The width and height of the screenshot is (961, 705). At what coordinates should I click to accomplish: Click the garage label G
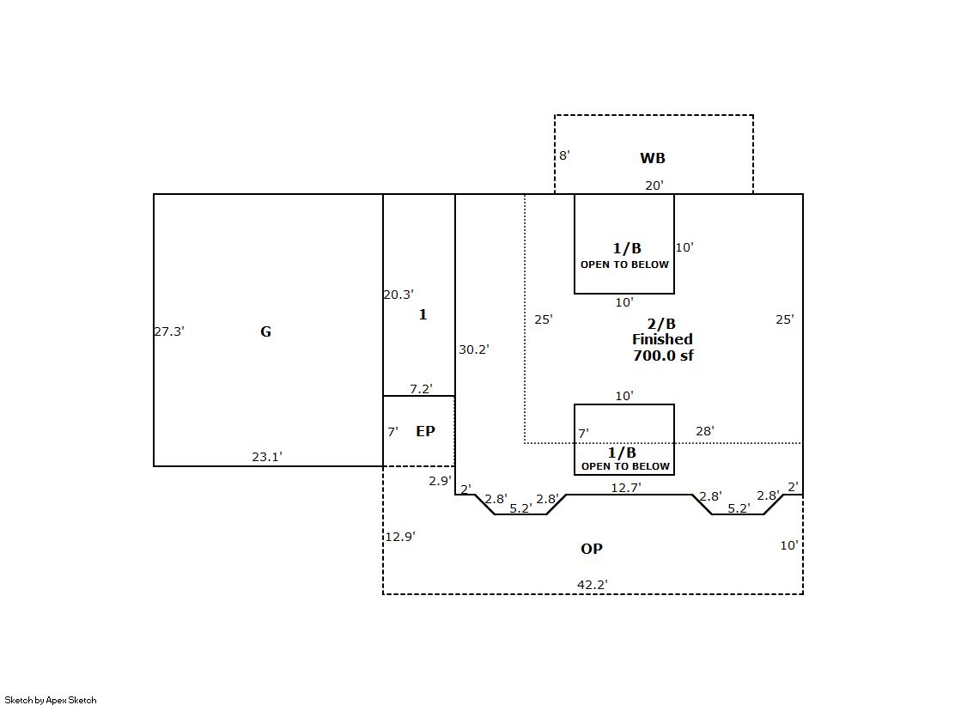pyautogui.click(x=265, y=331)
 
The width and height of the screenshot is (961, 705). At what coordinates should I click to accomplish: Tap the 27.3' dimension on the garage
pyautogui.click(x=169, y=331)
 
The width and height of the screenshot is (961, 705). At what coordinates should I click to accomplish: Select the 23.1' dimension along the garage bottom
pyautogui.click(x=266, y=457)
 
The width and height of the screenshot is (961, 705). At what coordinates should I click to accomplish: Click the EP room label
pyautogui.click(x=425, y=431)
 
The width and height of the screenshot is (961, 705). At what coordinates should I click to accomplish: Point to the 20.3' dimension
pyautogui.click(x=398, y=295)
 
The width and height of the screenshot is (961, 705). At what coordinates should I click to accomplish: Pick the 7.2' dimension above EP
pyautogui.click(x=421, y=389)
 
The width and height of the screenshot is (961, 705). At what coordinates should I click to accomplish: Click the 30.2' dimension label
pyautogui.click(x=474, y=349)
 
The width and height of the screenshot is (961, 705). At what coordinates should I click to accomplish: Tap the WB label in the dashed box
pyautogui.click(x=652, y=158)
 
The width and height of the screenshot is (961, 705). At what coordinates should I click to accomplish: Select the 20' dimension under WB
pyautogui.click(x=654, y=185)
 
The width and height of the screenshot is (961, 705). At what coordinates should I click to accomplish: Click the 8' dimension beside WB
pyautogui.click(x=564, y=155)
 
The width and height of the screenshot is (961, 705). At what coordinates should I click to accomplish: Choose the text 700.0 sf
pyautogui.click(x=663, y=356)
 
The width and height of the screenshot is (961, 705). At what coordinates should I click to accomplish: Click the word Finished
pyautogui.click(x=662, y=339)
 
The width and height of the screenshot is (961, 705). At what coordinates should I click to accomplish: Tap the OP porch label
pyautogui.click(x=592, y=549)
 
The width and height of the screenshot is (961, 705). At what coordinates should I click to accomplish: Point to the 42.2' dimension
pyautogui.click(x=592, y=585)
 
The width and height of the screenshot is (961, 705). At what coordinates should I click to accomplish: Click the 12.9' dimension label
pyautogui.click(x=400, y=537)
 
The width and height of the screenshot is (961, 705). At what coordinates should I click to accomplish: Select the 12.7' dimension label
pyautogui.click(x=626, y=488)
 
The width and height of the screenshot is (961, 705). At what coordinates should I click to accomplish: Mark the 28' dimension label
pyautogui.click(x=705, y=431)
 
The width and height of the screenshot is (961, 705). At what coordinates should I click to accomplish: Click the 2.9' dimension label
pyautogui.click(x=440, y=481)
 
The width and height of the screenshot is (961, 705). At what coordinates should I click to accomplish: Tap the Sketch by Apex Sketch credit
pyautogui.click(x=51, y=700)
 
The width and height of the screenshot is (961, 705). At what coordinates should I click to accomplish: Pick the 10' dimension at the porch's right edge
pyautogui.click(x=788, y=545)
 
